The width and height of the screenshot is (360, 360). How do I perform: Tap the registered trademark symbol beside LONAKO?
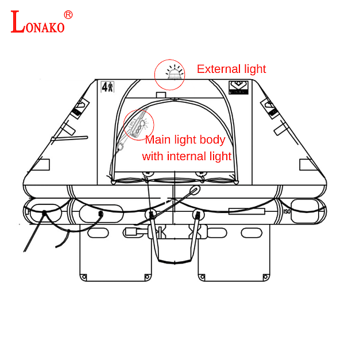point(68,14)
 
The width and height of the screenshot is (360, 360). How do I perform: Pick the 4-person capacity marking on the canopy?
point(107,87)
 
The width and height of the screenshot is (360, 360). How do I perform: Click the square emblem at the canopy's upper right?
point(238,88)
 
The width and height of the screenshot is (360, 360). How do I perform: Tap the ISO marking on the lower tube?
point(287,212)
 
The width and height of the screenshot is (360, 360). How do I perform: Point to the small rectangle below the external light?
point(161,94)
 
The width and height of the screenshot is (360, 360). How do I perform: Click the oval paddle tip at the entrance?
point(195,190)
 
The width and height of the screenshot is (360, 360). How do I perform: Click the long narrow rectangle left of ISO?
point(246,211)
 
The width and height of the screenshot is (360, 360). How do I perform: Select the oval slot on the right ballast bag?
point(250,233)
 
